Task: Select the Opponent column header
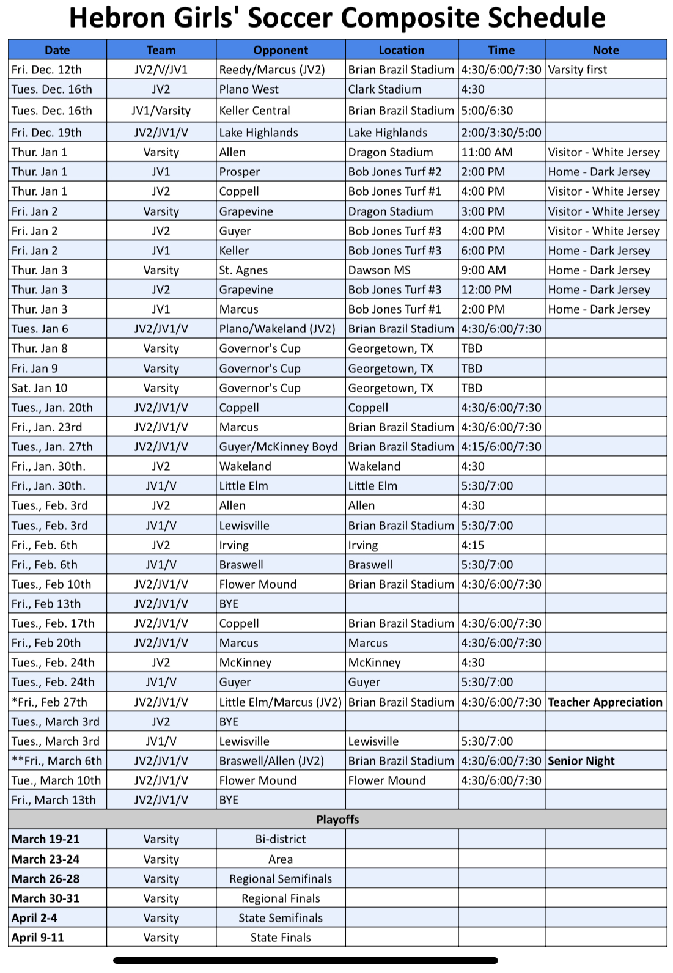(x=281, y=50)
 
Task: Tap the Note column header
(x=605, y=50)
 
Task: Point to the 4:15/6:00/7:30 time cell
(x=501, y=447)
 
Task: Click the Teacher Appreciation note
(x=605, y=702)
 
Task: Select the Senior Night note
(x=581, y=761)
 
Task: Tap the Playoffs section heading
(x=337, y=820)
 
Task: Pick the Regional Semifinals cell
(x=281, y=879)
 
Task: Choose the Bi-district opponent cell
(x=281, y=839)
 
